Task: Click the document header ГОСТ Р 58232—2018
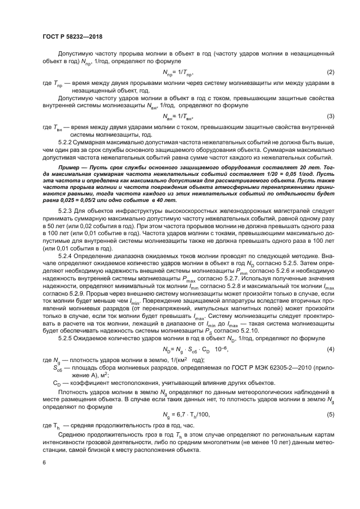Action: [72, 36]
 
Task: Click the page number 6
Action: [43, 462]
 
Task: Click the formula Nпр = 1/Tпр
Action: [178, 72]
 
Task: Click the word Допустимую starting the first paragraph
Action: [75, 54]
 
